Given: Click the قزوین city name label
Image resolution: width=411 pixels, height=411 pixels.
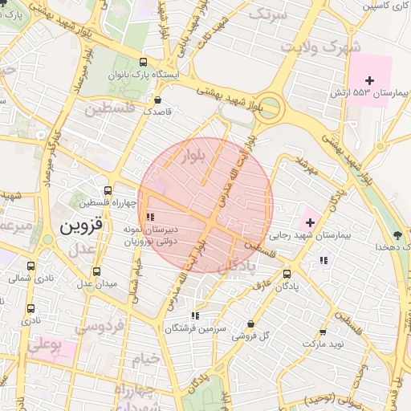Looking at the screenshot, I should [81, 226].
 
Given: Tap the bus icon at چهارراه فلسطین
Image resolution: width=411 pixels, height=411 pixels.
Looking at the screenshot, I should [108, 191].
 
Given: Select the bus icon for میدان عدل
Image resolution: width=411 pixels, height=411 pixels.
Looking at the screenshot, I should [96, 271].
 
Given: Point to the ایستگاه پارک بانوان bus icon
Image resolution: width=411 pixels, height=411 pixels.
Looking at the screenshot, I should [143, 62].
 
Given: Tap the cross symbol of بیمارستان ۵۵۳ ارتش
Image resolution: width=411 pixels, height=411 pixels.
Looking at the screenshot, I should [369, 80].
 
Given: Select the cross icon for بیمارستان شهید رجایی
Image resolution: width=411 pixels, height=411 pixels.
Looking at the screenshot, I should [310, 222].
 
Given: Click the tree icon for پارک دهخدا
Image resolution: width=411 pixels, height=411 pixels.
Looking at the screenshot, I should [398, 234].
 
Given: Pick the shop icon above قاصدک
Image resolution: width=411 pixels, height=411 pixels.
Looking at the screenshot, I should [157, 101].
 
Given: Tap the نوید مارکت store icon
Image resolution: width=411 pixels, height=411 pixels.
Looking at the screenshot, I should [323, 332].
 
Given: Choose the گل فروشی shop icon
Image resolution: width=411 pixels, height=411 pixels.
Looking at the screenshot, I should [251, 324].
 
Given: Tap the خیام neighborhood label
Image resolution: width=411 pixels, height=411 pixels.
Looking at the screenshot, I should [147, 357].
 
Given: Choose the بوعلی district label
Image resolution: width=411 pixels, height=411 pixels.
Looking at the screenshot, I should [44, 346].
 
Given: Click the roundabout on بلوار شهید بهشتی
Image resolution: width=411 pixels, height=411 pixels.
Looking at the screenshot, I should [271, 107].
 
